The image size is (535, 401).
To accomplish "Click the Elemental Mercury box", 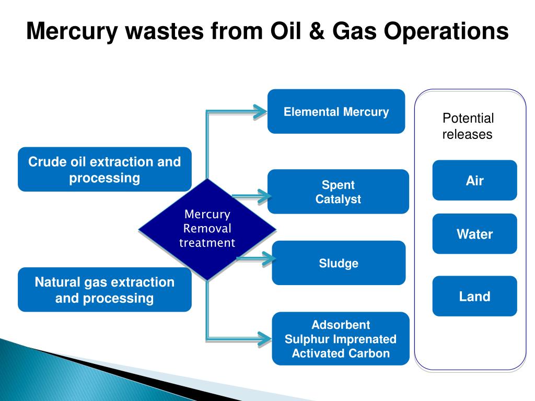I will [336, 111].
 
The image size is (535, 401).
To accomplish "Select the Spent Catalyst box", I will [338, 192].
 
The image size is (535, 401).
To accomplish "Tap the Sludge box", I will [339, 263].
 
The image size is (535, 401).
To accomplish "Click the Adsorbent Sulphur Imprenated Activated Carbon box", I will [340, 339].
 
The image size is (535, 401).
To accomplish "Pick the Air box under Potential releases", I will [474, 181].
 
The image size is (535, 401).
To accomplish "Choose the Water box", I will [474, 234].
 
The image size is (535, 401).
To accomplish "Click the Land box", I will [474, 297].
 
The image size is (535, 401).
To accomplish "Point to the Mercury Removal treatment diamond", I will [207, 229].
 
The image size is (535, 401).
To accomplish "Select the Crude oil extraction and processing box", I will [104, 170].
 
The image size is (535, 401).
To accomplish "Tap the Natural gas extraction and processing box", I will [104, 290].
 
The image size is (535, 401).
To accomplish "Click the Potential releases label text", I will [468, 126].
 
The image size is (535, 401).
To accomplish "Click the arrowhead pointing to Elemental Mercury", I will [259, 111].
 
